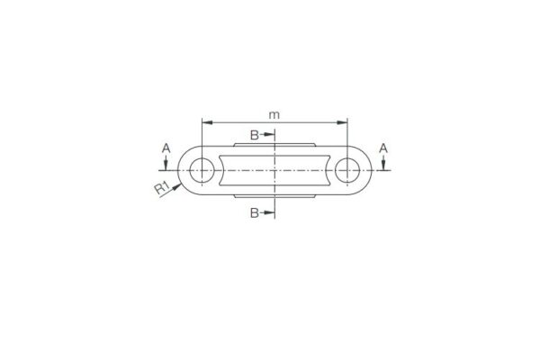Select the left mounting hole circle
pos(202,168)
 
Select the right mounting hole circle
pos(347,168)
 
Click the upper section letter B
pos(255,135)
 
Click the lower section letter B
pos(255,212)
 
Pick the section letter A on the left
pos(166,147)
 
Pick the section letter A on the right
pos(384,147)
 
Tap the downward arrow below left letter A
pos(166,164)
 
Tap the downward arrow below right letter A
pos(384,164)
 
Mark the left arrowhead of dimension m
pos(206,121)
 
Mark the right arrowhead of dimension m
pos(344,121)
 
